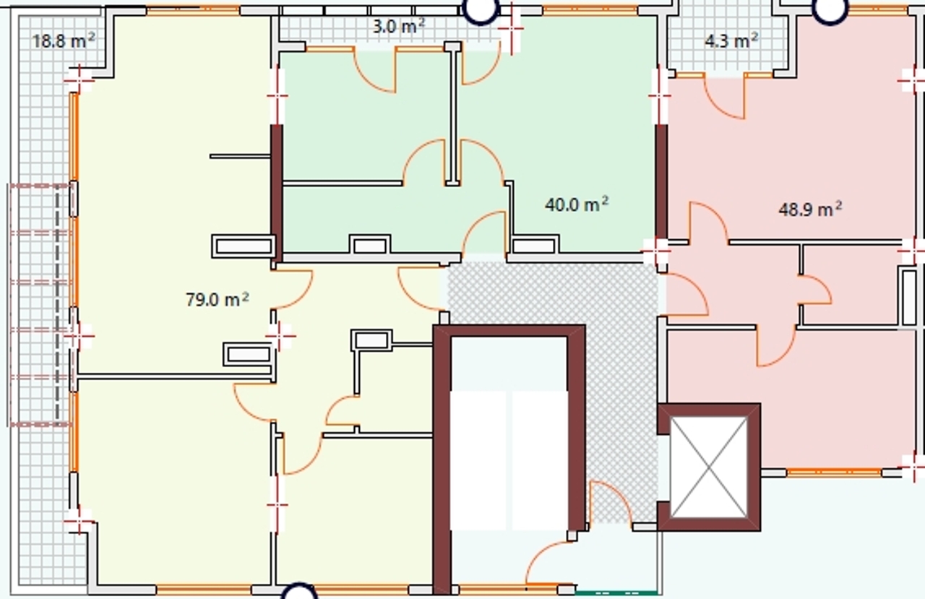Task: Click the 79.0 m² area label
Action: point(218,299)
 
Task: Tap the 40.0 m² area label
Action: point(577,204)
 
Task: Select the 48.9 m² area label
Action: point(810,210)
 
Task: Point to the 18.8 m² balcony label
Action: point(63,41)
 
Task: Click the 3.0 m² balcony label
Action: point(398,27)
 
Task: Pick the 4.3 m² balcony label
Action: point(731,41)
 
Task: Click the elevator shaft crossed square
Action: point(709,467)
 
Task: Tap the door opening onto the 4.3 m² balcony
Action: point(725,97)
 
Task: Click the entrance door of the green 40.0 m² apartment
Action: point(484,233)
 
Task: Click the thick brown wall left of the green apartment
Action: point(277,194)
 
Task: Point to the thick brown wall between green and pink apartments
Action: point(661,181)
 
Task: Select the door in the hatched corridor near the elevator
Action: point(611,504)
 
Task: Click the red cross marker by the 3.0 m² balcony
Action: point(511,28)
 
